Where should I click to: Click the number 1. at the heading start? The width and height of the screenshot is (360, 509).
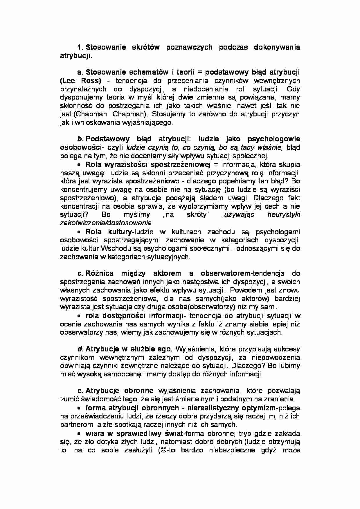click(x=80, y=47)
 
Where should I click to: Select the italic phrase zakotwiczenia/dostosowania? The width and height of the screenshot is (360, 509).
click(x=106, y=223)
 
